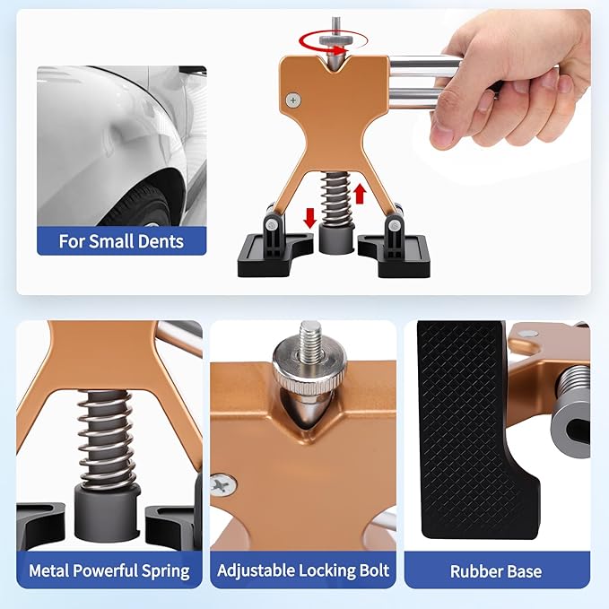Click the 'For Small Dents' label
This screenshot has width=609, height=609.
pyautogui.click(x=121, y=241)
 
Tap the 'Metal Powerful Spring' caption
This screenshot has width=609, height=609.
pyautogui.click(x=109, y=570)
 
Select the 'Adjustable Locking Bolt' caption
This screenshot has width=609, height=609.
pyautogui.click(x=303, y=570)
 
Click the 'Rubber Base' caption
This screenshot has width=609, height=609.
pyautogui.click(x=496, y=570)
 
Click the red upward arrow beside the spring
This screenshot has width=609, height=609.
pyautogui.click(x=361, y=193)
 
